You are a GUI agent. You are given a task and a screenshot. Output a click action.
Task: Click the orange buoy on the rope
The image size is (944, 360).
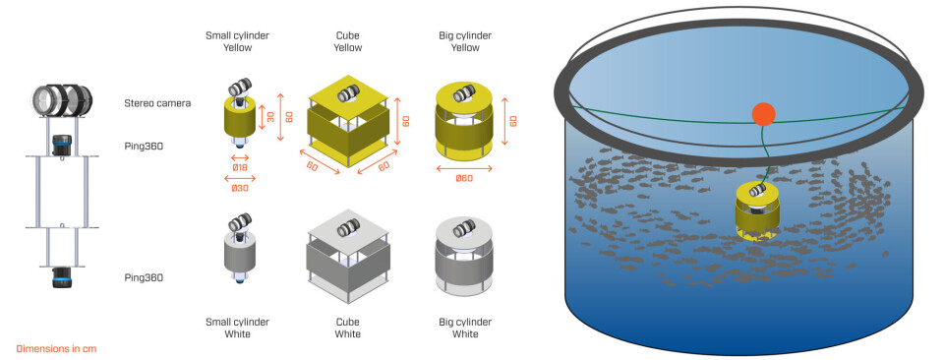click(x=764, y=114)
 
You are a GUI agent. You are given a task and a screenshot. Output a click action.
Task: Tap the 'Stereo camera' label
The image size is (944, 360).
click(x=157, y=103)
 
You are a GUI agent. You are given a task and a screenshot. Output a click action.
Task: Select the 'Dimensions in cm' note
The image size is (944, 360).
click(x=56, y=348)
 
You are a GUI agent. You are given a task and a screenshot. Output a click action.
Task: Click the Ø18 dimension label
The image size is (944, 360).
click(x=240, y=165)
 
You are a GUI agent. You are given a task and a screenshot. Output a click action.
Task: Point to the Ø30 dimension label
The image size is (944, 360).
click(x=240, y=189)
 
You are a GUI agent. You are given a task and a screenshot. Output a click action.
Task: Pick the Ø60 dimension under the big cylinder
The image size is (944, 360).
click(x=463, y=178)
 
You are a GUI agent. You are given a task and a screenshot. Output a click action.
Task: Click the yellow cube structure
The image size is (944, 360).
click(x=348, y=119)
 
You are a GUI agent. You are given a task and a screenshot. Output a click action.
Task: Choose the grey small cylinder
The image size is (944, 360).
click(x=240, y=248)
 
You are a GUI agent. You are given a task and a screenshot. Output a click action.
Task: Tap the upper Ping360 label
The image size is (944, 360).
click(x=144, y=146)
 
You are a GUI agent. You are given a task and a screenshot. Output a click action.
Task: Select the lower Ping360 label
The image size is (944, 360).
click(x=144, y=277)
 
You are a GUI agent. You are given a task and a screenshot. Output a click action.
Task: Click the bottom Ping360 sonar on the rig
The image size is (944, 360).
click(x=61, y=278)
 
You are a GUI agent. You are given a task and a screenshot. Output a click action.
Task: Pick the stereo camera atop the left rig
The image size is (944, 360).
click(x=63, y=100)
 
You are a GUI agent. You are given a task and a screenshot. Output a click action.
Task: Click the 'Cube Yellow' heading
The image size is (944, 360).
click(x=348, y=41)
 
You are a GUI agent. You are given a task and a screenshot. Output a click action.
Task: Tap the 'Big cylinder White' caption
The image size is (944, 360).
click(x=465, y=328)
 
